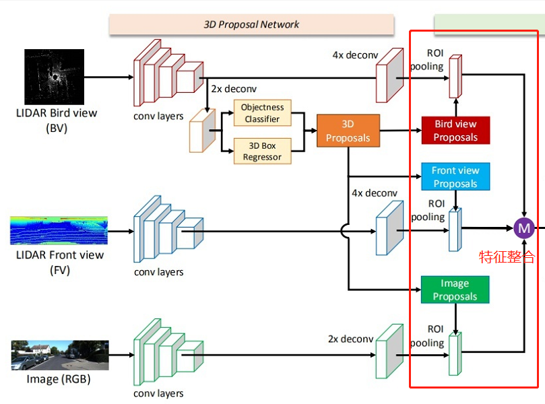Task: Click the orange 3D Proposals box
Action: click(348, 131)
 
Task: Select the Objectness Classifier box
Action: click(263, 113)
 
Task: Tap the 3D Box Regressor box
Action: click(263, 151)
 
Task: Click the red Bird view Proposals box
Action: click(455, 131)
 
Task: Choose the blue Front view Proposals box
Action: click(455, 177)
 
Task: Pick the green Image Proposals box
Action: click(455, 290)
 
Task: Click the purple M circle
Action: click(524, 228)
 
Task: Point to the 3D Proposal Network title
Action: click(251, 24)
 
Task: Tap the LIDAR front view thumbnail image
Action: click(59, 230)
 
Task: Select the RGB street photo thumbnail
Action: click(59, 356)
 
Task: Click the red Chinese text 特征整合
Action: click(507, 257)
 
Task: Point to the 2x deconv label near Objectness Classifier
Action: click(234, 88)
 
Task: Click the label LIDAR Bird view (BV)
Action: click(57, 120)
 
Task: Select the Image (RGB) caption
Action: click(58, 379)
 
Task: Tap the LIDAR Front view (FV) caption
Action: click(60, 262)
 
